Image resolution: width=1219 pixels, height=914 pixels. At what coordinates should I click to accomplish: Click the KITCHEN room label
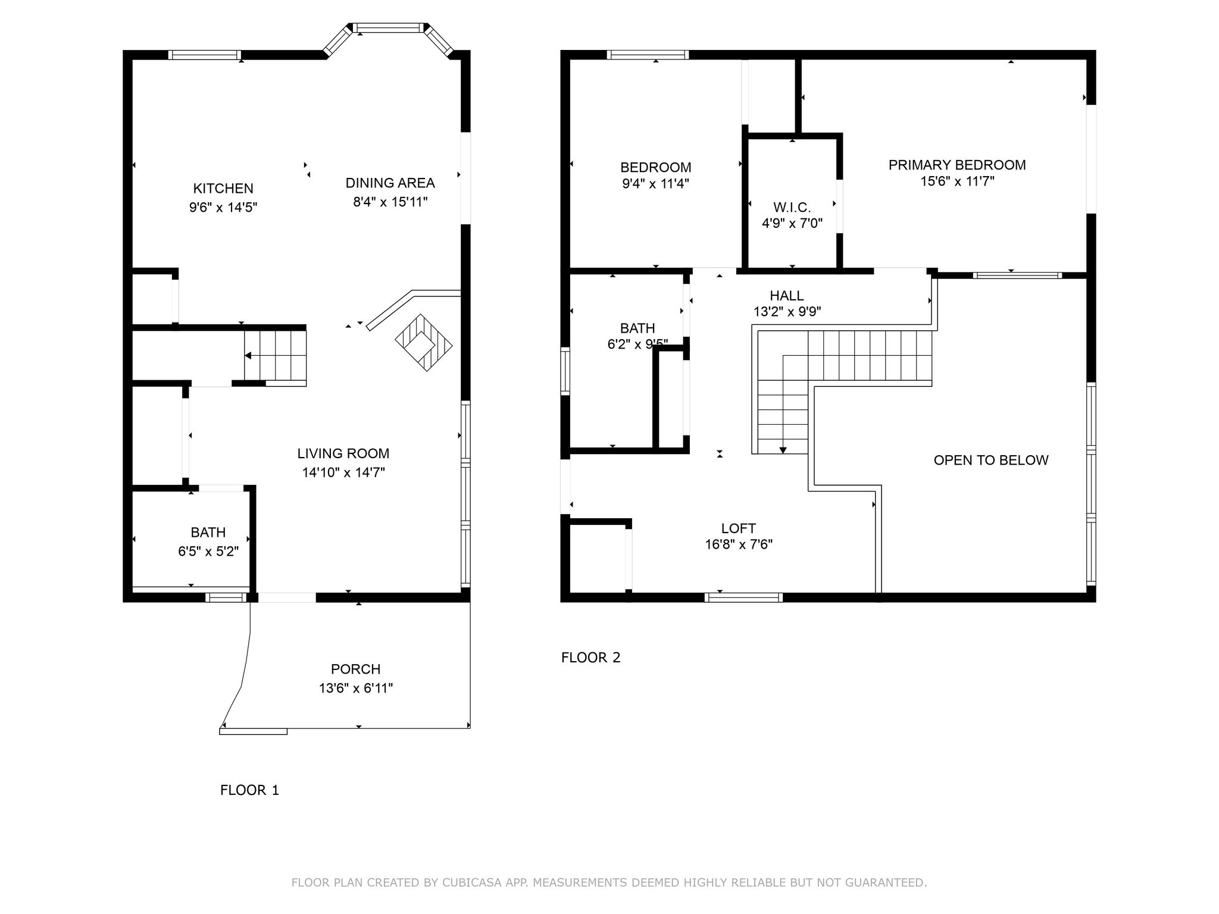click(223, 189)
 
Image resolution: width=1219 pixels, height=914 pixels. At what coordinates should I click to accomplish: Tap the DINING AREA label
click(390, 183)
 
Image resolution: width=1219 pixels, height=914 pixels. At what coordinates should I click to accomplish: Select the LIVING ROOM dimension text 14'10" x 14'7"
click(343, 472)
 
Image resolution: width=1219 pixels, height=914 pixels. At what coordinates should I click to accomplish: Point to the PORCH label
click(356, 669)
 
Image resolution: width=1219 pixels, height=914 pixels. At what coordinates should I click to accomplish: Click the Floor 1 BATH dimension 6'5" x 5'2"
click(208, 552)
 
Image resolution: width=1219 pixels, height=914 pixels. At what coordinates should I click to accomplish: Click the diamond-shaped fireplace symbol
click(424, 343)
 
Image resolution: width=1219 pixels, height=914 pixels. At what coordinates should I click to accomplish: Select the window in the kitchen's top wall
click(205, 55)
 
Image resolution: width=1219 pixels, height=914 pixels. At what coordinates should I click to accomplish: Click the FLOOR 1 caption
click(249, 790)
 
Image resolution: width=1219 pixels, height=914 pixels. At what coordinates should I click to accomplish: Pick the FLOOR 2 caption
click(590, 658)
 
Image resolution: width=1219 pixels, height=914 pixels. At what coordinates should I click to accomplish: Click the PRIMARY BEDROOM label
click(957, 165)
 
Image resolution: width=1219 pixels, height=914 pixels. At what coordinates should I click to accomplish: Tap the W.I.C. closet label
click(792, 208)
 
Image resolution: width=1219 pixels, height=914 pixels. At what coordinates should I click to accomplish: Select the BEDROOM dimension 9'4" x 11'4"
click(655, 184)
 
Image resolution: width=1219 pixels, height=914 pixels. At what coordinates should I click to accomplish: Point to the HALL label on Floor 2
click(787, 295)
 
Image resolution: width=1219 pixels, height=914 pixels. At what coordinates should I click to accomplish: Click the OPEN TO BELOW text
click(991, 460)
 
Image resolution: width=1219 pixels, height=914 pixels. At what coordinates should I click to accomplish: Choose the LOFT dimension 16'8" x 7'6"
click(739, 544)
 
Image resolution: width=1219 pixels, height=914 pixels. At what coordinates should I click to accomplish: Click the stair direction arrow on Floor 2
click(783, 450)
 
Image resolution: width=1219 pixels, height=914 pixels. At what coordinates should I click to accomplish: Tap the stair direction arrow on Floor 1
click(248, 356)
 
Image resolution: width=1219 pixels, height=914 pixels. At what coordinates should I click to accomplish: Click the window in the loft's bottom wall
click(743, 597)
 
